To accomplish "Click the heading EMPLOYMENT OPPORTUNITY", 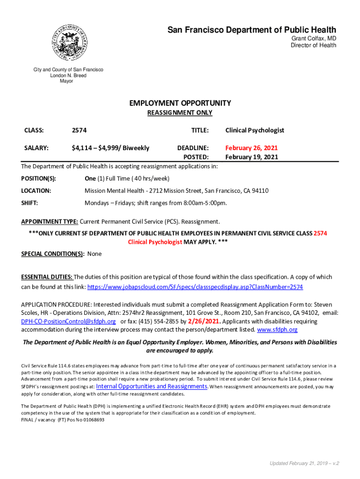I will (x=180, y=103).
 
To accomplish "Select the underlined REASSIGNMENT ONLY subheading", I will (x=180, y=113).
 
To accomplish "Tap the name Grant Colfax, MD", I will (x=314, y=38).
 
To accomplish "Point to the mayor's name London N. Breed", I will (x=68, y=75).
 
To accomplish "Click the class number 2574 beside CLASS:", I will (x=79, y=131).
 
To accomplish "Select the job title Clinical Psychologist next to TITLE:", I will (x=255, y=131).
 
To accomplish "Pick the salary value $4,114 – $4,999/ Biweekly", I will (x=110, y=148).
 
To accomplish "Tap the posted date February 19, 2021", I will (x=252, y=157).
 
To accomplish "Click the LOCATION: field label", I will (x=36, y=191).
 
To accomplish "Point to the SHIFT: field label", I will (x=29, y=203).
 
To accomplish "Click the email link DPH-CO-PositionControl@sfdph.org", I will (x=68, y=321).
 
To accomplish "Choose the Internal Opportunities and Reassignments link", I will (x=152, y=386).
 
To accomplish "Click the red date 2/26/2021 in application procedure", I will (x=203, y=321).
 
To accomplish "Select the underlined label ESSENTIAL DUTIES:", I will (x=47, y=277).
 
